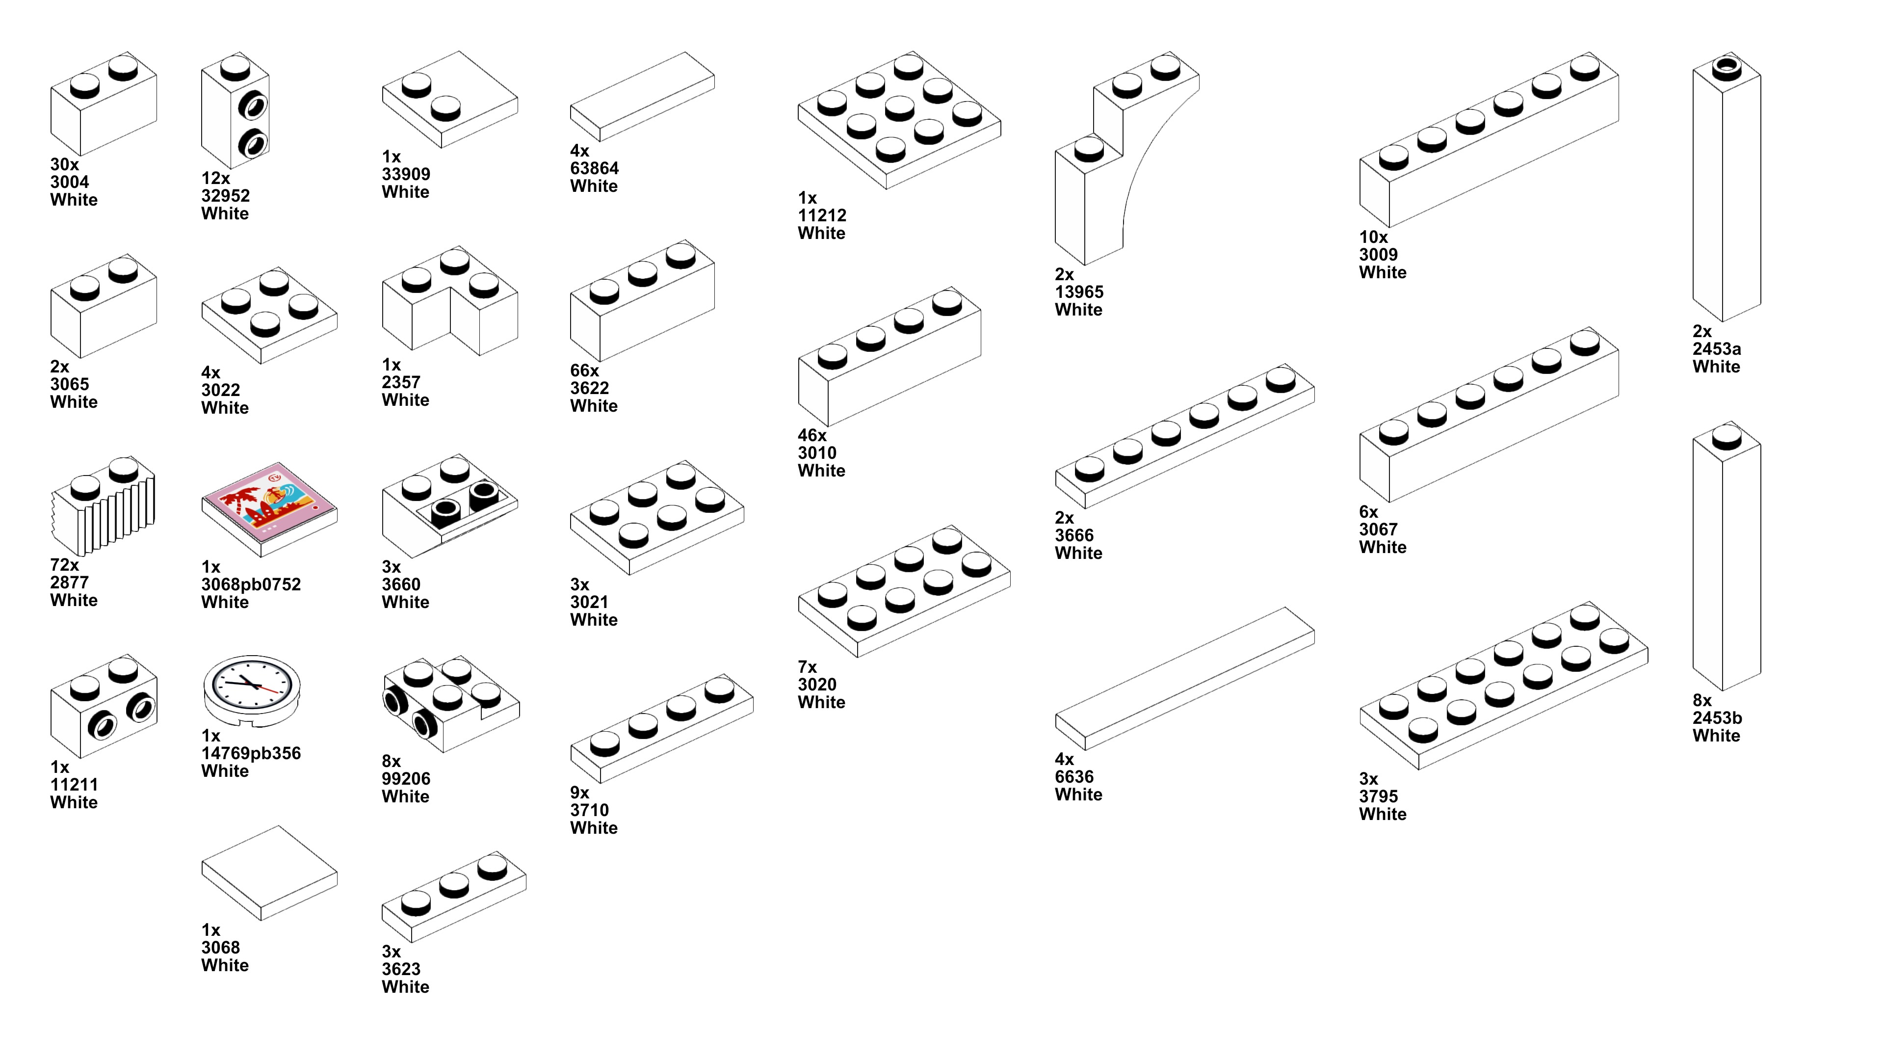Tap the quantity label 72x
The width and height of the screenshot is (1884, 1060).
point(64,565)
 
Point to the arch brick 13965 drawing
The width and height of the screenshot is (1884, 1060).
point(1119,157)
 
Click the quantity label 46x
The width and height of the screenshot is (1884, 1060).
point(812,435)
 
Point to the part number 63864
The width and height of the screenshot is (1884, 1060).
point(594,168)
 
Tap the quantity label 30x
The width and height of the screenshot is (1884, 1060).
point(64,164)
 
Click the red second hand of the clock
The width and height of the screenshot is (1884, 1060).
point(270,690)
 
